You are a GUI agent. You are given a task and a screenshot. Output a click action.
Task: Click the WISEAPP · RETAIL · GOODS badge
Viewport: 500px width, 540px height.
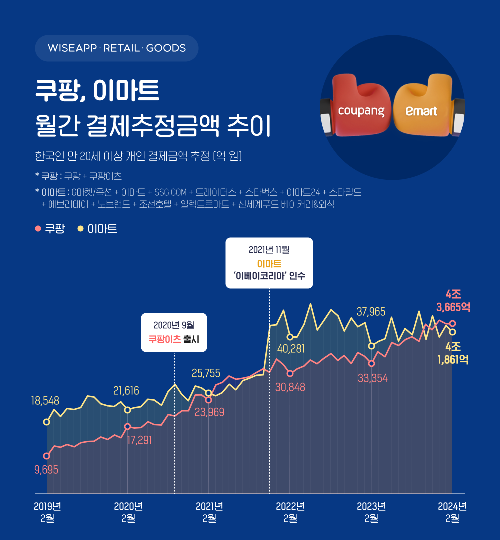pos(116,48)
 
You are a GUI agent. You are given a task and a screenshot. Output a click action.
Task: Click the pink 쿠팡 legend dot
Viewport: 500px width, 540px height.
pos(38,228)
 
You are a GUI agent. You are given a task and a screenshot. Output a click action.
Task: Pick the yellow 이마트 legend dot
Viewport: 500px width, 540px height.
pos(80,228)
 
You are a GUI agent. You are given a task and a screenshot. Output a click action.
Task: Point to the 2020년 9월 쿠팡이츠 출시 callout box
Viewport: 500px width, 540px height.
pos(174,332)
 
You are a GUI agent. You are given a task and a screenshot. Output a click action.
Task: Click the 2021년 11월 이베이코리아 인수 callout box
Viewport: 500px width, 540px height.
pos(269,263)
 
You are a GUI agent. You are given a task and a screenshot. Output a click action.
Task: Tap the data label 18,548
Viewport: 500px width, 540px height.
pos(45,401)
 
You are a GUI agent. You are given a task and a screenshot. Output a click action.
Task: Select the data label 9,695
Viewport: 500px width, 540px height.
pos(46,470)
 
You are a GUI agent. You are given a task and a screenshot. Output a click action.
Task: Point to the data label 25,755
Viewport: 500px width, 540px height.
pos(206,373)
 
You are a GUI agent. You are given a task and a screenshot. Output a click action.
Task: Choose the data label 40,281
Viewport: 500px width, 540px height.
pos(291,349)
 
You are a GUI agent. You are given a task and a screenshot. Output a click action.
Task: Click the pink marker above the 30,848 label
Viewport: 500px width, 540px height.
pos(290,373)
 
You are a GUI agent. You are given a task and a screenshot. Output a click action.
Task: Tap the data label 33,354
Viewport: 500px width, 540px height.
pos(372,378)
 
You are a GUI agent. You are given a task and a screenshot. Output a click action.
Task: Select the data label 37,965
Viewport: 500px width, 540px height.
pos(371,312)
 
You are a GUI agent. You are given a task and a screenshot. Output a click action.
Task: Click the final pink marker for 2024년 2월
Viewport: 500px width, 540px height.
pos(452,323)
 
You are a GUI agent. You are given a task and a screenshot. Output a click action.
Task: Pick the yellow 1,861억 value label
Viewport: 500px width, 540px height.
pos(453,359)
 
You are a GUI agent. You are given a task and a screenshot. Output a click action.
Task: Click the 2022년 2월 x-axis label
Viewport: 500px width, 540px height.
pos(290,512)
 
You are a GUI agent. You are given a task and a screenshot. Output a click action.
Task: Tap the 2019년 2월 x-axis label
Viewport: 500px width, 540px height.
pos(47,512)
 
